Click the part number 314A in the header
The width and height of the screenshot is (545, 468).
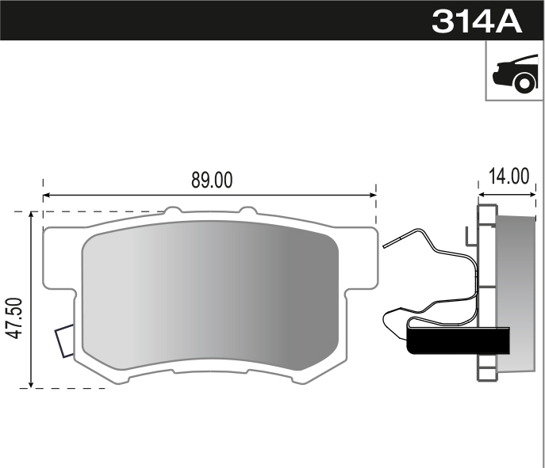point(477,21)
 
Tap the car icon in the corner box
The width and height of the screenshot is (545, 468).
point(513,73)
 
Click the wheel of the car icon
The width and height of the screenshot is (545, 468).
point(524,82)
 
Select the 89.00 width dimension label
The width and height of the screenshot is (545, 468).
point(212,180)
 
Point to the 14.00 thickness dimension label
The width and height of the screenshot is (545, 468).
point(508,176)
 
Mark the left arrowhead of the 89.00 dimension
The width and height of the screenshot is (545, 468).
point(46,194)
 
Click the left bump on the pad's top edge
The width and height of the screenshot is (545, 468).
point(172,211)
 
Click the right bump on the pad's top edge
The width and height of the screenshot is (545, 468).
point(248,211)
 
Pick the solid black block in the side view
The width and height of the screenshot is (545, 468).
point(457,342)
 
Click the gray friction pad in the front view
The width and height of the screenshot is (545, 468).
point(210,301)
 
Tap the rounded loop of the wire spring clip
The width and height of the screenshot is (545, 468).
point(392,320)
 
